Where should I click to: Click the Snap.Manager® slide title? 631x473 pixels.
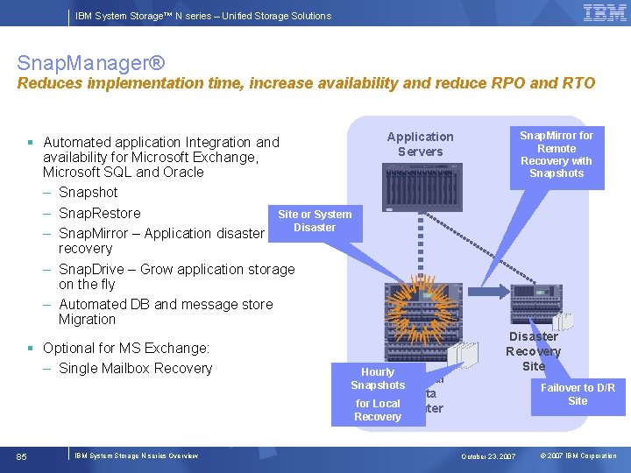[x=90, y=64]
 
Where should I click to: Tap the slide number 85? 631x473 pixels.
[x=22, y=456]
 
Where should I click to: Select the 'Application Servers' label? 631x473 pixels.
[x=420, y=144]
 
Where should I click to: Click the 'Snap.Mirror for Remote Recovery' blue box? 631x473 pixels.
[x=556, y=154]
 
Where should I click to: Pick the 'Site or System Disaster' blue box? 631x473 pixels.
[x=314, y=221]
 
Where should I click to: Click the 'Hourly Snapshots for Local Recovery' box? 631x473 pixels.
[x=378, y=394]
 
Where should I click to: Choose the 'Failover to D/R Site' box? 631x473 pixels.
[x=577, y=394]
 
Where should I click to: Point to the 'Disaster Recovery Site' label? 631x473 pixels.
[x=533, y=350]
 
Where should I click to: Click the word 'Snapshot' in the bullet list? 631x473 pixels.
[x=88, y=192]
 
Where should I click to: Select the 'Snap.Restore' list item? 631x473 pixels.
[x=99, y=213]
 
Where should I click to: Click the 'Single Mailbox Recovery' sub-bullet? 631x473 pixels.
[x=135, y=368]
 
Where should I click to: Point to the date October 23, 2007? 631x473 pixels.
[x=489, y=456]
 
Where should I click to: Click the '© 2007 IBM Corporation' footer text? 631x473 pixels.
[x=578, y=456]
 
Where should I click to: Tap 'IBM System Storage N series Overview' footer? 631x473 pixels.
[x=136, y=456]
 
